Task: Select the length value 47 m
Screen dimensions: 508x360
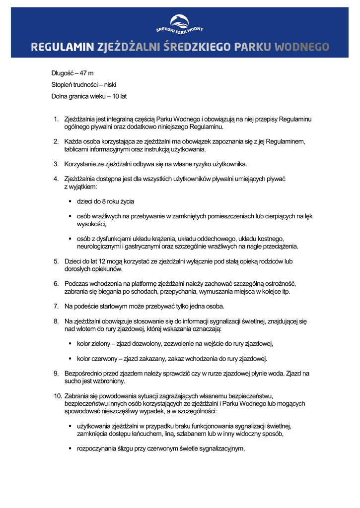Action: tap(86, 73)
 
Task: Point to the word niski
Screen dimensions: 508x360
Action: tap(110, 85)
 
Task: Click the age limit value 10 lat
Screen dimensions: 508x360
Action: tap(120, 96)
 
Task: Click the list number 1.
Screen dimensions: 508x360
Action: tap(56, 119)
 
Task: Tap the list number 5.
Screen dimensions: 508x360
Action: tap(56, 261)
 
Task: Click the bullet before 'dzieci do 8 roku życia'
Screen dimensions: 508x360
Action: tap(70, 202)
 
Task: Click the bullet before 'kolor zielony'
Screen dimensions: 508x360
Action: tap(70, 343)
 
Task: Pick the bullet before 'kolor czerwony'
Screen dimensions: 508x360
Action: tap(70, 358)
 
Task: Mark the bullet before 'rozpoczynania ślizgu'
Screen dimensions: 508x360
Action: tap(70, 448)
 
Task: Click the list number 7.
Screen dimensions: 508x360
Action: tap(56, 306)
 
